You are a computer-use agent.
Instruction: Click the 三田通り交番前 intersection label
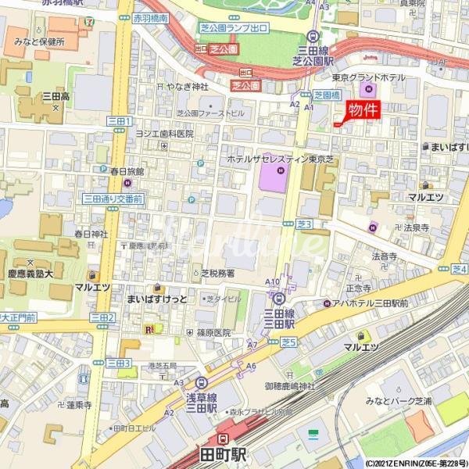coord(113,199)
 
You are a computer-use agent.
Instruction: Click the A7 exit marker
coord(252,345)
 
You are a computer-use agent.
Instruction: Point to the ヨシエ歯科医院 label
coord(164,133)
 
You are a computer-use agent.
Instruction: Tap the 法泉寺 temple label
coord(416,227)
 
